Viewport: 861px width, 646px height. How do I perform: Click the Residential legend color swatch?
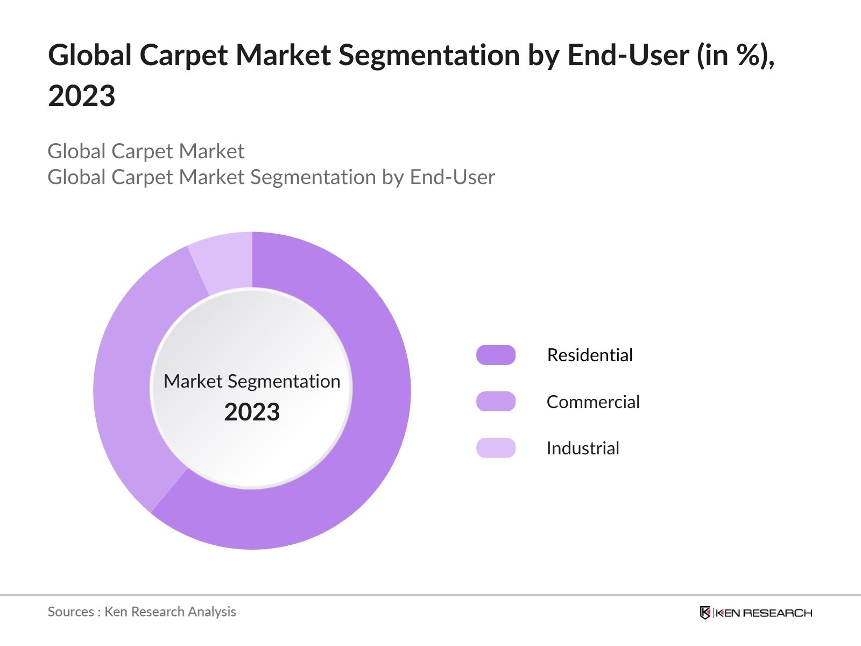pyautogui.click(x=496, y=355)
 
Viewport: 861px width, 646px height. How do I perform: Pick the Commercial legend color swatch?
pyautogui.click(x=496, y=402)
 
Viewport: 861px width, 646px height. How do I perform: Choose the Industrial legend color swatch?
pyautogui.click(x=496, y=448)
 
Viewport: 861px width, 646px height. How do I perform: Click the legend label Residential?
pyautogui.click(x=590, y=355)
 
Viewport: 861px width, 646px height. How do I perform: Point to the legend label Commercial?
pyautogui.click(x=593, y=402)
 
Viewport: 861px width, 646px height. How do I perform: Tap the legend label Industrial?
pyautogui.click(x=583, y=448)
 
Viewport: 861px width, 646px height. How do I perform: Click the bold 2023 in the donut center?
pyautogui.click(x=252, y=412)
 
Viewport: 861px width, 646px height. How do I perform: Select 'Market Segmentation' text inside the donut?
pyautogui.click(x=252, y=381)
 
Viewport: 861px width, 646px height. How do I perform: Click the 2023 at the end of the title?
pyautogui.click(x=82, y=96)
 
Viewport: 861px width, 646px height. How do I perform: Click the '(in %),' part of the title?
pyautogui.click(x=736, y=55)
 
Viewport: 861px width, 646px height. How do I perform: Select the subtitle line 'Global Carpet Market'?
pyautogui.click(x=146, y=151)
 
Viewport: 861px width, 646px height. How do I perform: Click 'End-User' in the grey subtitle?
pyautogui.click(x=452, y=177)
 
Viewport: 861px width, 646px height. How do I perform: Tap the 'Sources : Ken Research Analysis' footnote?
pyautogui.click(x=142, y=612)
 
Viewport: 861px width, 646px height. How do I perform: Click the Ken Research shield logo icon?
pyautogui.click(x=705, y=613)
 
